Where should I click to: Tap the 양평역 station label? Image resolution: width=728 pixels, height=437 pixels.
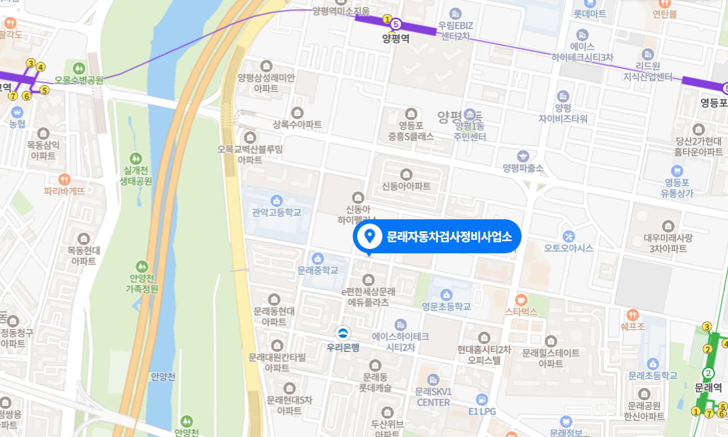click(x=396, y=39)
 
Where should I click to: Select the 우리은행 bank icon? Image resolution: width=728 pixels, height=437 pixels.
click(x=343, y=333)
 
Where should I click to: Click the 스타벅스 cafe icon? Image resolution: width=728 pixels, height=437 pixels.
click(x=521, y=299)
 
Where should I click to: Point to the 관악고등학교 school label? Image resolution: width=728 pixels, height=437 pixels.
click(x=276, y=212)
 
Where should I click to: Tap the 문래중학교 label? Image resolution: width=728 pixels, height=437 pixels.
click(x=318, y=270)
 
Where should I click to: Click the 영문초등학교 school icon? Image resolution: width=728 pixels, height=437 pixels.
click(x=447, y=294)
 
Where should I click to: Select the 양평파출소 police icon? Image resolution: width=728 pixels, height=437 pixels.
click(x=523, y=155)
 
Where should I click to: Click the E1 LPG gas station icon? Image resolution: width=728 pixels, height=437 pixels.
click(x=482, y=399)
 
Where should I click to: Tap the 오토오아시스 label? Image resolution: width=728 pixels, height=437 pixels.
click(x=569, y=248)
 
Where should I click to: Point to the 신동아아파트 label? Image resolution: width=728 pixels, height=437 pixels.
click(x=406, y=187)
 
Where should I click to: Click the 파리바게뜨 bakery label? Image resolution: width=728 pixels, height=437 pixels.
click(x=65, y=191)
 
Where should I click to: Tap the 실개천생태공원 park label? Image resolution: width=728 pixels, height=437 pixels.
click(x=137, y=176)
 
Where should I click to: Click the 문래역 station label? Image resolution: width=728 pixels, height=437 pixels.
click(x=707, y=388)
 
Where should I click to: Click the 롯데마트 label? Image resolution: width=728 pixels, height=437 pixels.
click(x=590, y=13)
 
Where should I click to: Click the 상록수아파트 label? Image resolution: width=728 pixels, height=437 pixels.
click(x=297, y=125)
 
